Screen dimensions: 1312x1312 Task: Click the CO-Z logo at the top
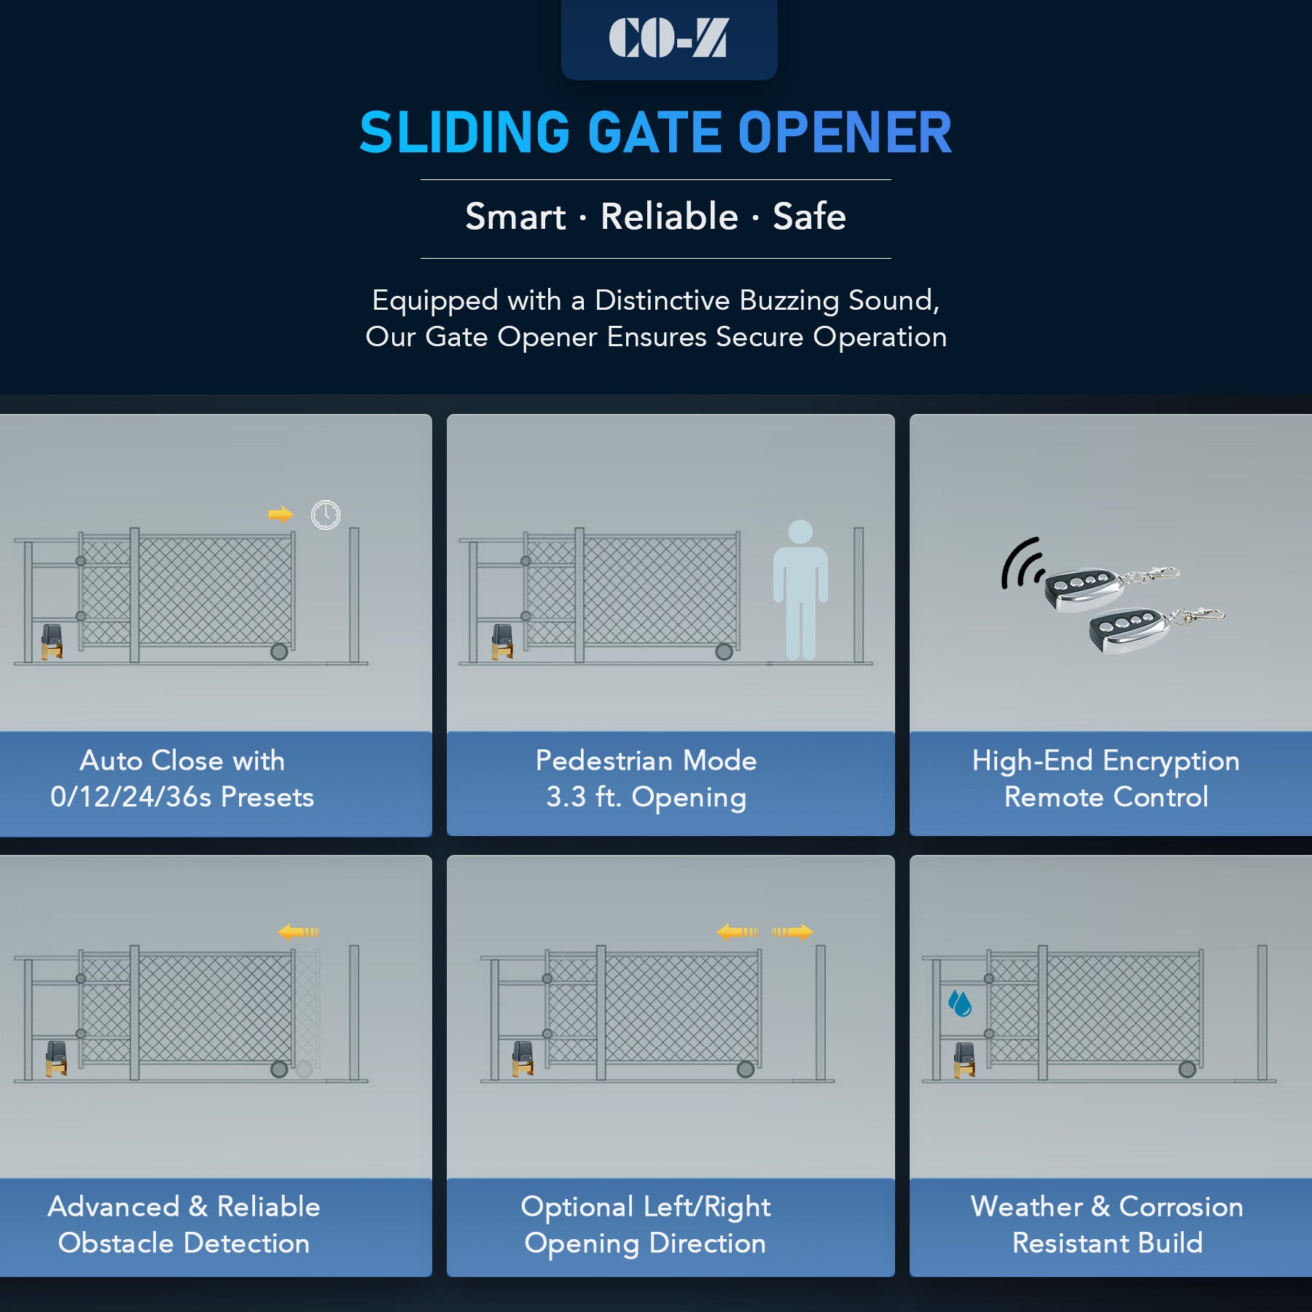click(x=668, y=38)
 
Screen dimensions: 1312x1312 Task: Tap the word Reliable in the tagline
click(x=669, y=216)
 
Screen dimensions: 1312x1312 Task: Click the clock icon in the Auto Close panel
click(x=325, y=515)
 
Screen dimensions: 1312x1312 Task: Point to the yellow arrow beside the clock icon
click(x=280, y=515)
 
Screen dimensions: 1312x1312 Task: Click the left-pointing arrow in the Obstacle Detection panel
click(x=298, y=932)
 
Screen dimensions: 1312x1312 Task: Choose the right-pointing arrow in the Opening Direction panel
click(x=792, y=932)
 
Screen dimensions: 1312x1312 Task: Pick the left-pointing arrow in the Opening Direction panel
click(x=737, y=932)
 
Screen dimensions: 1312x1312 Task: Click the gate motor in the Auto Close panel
click(x=52, y=641)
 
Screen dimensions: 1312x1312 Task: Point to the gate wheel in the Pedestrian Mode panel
click(x=724, y=652)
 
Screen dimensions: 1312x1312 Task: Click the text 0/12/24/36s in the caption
click(x=130, y=797)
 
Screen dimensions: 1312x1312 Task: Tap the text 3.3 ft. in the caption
click(x=584, y=797)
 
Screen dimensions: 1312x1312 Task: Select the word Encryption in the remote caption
click(x=1171, y=761)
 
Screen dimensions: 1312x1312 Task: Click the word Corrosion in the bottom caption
click(x=1181, y=1207)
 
